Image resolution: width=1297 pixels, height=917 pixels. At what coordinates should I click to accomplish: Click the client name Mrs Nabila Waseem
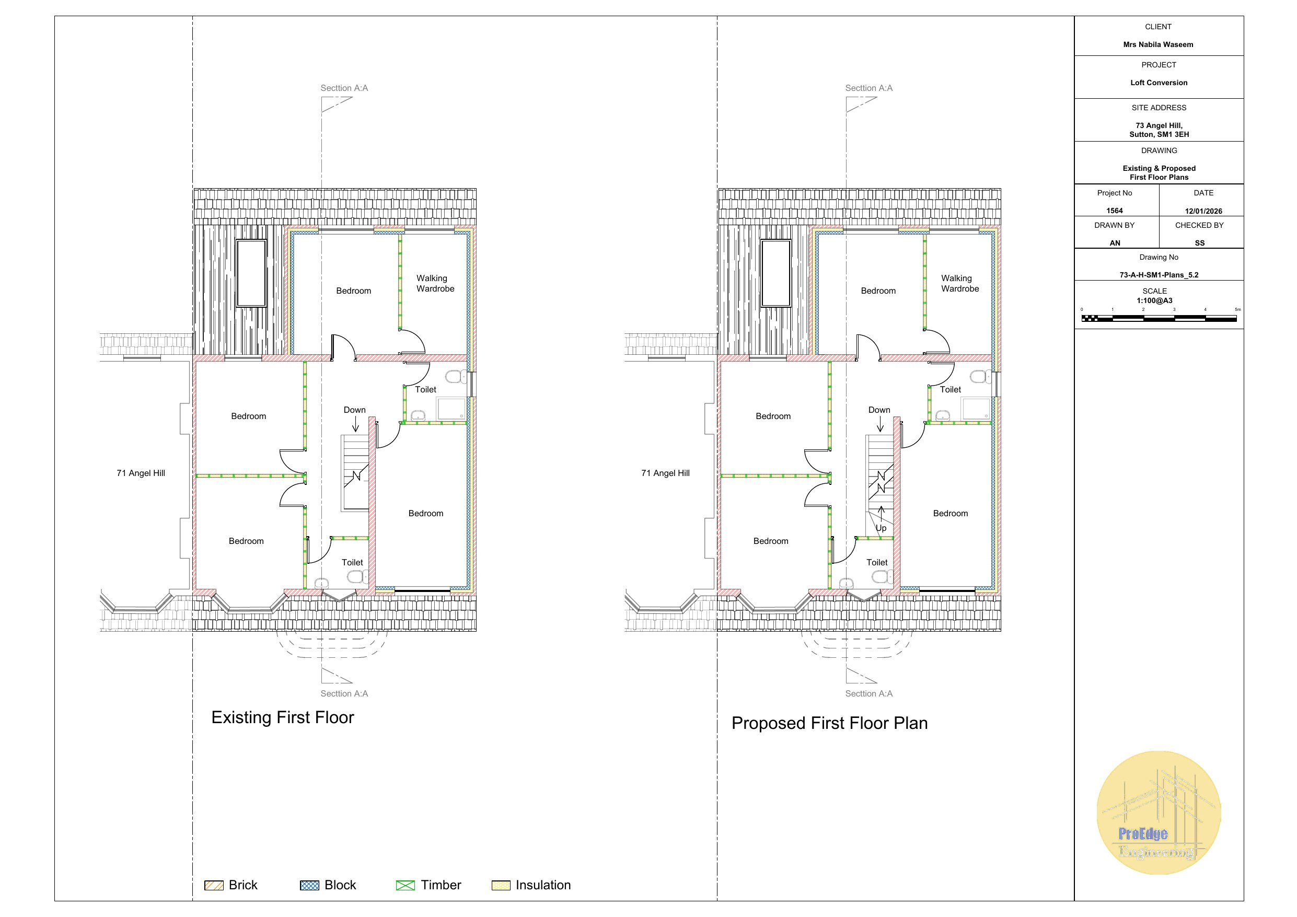1158,44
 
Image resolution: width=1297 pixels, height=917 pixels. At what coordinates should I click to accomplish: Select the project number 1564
1115,211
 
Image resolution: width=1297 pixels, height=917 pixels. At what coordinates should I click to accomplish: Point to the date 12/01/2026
1203,211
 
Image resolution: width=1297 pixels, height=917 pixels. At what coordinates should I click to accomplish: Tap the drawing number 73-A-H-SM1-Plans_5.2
1159,275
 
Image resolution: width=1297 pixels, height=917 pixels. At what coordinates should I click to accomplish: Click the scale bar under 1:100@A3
1159,319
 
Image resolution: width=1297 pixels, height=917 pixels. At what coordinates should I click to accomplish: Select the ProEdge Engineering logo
1159,812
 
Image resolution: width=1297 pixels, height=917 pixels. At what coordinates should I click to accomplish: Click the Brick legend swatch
214,885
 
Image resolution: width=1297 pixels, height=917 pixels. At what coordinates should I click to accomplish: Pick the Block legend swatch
309,885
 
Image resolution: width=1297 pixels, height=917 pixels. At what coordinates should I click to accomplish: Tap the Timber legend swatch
406,885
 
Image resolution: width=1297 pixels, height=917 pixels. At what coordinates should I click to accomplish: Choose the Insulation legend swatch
501,885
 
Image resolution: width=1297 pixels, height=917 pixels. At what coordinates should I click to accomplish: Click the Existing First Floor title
283,717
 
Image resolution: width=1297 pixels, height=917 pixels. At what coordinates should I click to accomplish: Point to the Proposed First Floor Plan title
829,724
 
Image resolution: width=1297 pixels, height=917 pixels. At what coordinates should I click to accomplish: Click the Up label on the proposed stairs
881,529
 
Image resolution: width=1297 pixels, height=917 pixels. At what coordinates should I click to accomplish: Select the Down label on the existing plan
355,410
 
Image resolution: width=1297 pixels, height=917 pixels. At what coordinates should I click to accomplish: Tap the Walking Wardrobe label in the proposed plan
960,284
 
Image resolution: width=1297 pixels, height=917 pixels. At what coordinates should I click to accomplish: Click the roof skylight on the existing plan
251,273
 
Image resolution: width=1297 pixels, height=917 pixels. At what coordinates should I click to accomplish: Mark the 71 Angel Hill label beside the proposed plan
665,473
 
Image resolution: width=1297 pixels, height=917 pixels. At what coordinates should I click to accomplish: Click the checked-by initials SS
1200,243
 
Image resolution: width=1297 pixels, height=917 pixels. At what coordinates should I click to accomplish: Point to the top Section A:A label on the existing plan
344,88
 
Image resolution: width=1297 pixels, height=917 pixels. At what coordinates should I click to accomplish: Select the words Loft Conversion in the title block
1159,83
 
